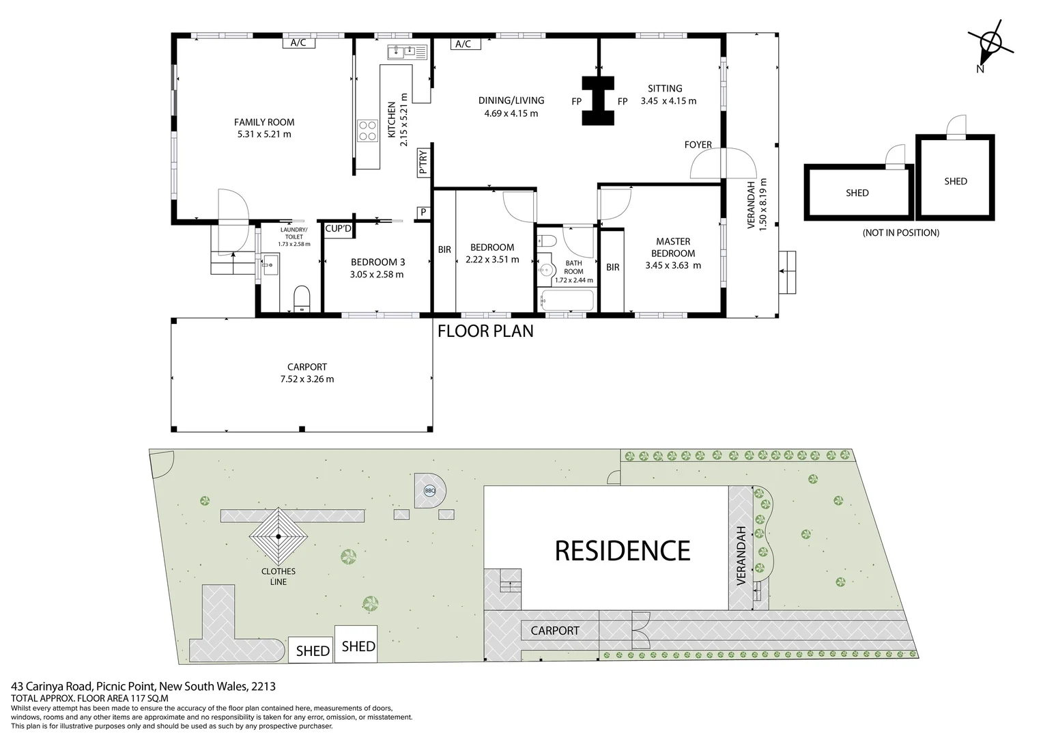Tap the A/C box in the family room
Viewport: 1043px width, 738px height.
click(298, 43)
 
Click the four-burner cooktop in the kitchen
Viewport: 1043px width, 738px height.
click(367, 130)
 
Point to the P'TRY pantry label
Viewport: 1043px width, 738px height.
click(423, 163)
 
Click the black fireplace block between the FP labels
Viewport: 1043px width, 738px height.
click(598, 100)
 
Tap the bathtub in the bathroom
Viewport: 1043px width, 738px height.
click(567, 300)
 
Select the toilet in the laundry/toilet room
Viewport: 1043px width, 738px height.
click(301, 299)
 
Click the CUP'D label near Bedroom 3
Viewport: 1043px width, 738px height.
click(338, 229)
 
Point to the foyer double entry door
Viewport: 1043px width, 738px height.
click(724, 164)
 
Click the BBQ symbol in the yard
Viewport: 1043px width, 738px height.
click(429, 490)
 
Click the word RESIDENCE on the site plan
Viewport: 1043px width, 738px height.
click(622, 550)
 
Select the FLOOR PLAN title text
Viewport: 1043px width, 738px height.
click(485, 331)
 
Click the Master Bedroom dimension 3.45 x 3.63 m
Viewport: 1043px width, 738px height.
click(672, 265)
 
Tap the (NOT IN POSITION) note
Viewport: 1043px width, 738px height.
click(900, 232)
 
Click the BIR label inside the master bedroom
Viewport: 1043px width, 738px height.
click(612, 267)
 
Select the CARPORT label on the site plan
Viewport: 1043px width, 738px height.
click(554, 630)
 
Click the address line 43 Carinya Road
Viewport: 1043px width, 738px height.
click(143, 686)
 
